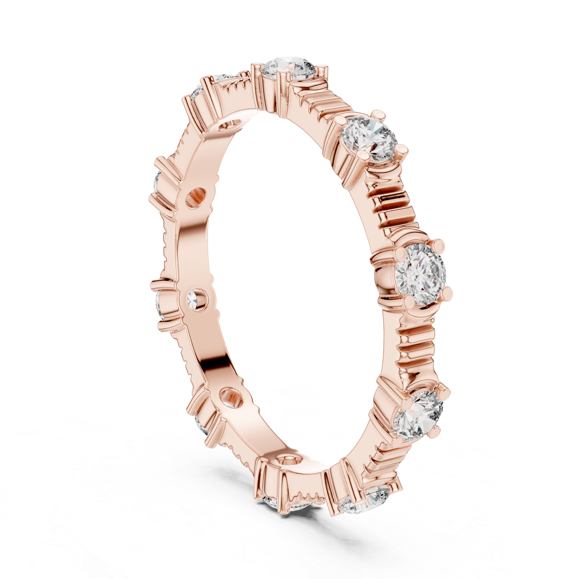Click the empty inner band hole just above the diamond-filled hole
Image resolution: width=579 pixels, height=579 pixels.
(x=196, y=198)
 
